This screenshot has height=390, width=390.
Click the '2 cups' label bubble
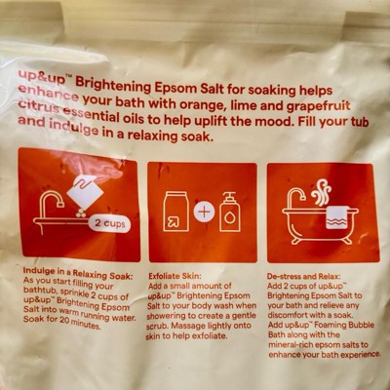[x=109, y=223]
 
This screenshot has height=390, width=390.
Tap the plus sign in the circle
[x=204, y=213]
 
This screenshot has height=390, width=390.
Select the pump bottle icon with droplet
[x=230, y=212]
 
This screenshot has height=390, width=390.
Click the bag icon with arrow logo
[x=175, y=212]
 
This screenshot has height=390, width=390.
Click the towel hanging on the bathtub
[x=338, y=217]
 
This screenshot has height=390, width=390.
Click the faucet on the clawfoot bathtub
[x=296, y=198]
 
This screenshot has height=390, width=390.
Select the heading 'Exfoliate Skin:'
[x=175, y=276]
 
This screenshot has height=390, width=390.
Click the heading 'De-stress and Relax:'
[x=304, y=277]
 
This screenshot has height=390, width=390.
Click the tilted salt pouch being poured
[x=85, y=192]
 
